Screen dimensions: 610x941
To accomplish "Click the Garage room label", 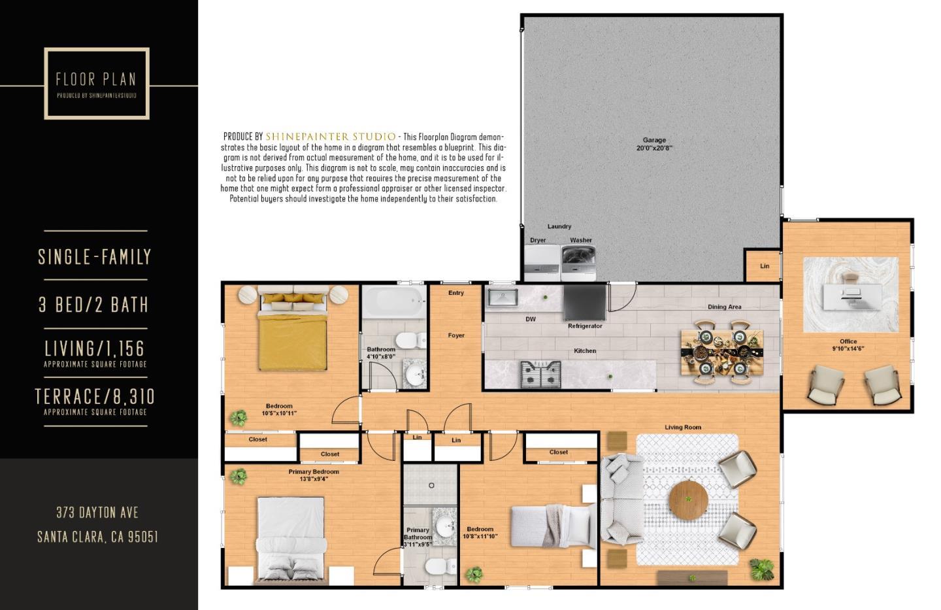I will point(654,144).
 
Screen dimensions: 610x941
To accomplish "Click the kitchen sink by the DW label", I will point(502,298).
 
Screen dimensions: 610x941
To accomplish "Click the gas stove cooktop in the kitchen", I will point(540,375).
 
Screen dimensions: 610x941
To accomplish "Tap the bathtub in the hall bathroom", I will point(394,302).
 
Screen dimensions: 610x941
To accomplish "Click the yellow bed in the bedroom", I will point(292,335).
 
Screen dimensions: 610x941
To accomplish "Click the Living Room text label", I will point(683,428).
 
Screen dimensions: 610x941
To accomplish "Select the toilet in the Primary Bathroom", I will point(437,566).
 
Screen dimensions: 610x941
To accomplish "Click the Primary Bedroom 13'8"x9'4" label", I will point(314,475).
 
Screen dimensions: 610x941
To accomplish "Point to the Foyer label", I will point(456,335).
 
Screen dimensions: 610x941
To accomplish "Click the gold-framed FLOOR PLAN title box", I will point(97,84).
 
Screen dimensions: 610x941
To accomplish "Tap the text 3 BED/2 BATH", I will point(93,305).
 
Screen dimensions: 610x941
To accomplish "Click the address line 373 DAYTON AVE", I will point(97,513).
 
